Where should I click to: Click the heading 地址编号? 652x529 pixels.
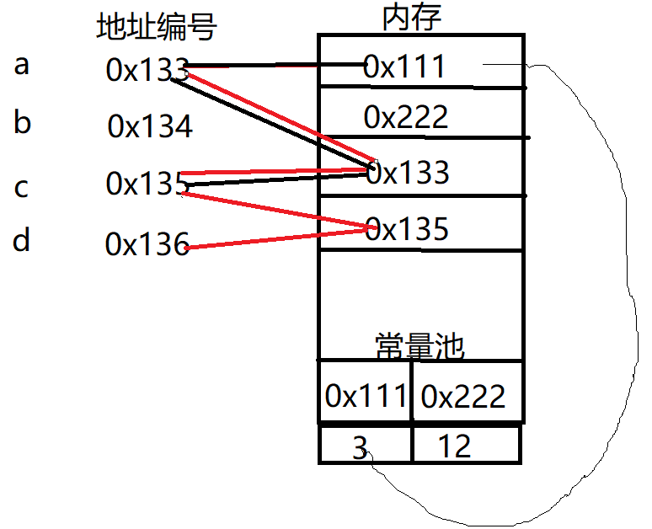[x=158, y=28]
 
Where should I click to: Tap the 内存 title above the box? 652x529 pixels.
[x=411, y=16]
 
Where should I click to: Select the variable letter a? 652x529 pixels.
[x=22, y=64]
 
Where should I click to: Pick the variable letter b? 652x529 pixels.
[x=23, y=123]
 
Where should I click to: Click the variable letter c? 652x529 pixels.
[x=22, y=187]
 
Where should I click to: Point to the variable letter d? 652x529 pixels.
[x=22, y=242]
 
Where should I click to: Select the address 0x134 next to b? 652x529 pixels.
[x=150, y=127]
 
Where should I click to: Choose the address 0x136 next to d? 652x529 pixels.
[x=147, y=245]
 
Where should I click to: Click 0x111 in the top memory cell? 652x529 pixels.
[x=404, y=67]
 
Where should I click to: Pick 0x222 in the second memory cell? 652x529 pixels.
[x=406, y=117]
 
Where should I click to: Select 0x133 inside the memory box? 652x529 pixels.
[x=408, y=173]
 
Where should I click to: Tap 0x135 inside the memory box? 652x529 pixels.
[x=408, y=228]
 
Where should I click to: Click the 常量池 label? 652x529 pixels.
[x=420, y=345]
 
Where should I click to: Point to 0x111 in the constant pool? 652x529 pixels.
[x=366, y=395]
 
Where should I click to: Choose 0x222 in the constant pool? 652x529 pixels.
[x=463, y=396]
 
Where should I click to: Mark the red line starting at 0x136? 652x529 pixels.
[x=278, y=237]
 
